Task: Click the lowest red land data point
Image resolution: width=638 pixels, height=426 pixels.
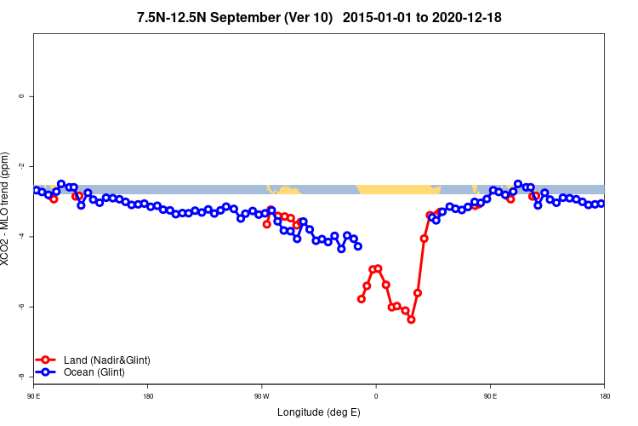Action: (x=411, y=319)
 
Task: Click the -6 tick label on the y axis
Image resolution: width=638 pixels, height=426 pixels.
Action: (x=21, y=306)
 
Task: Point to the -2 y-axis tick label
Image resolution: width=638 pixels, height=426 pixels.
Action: (x=21, y=166)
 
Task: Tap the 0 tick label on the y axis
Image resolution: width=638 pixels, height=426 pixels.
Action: (x=21, y=96)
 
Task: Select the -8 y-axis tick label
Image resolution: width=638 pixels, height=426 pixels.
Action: (x=21, y=376)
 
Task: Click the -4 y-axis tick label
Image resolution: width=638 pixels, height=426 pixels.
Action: (x=21, y=236)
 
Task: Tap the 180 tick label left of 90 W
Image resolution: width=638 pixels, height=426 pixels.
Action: (x=148, y=395)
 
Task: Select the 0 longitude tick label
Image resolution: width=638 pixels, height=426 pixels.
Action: (x=376, y=395)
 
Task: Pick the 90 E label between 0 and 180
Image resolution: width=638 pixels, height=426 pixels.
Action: (x=490, y=395)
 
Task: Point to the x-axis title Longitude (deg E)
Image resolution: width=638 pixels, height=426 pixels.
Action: (x=319, y=412)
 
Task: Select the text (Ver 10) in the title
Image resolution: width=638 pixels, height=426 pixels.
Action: (x=304, y=17)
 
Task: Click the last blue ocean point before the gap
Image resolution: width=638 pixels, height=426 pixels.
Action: (x=358, y=246)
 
